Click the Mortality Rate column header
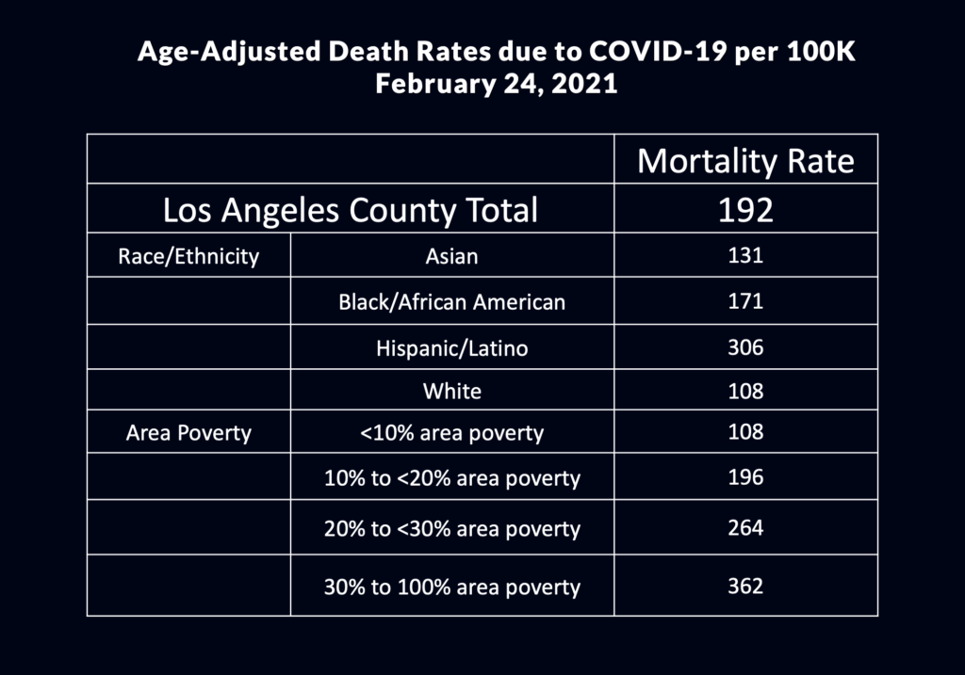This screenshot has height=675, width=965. pyautogui.click(x=745, y=161)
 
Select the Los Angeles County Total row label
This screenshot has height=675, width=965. pyautogui.click(x=350, y=209)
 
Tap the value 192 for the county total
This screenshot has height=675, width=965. pyautogui.click(x=745, y=209)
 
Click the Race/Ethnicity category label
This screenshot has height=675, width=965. pyautogui.click(x=188, y=255)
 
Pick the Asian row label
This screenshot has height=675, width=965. pyautogui.click(x=452, y=255)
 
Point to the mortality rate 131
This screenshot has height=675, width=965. pyautogui.click(x=745, y=255)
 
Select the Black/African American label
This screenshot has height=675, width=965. pyautogui.click(x=452, y=302)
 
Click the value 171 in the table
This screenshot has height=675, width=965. pyautogui.click(x=745, y=302)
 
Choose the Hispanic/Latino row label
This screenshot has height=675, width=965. pyautogui.click(x=452, y=348)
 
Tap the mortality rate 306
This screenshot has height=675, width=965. pyautogui.click(x=745, y=348)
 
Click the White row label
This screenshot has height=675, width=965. pyautogui.click(x=452, y=391)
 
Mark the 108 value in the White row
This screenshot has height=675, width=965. pyautogui.click(x=745, y=391)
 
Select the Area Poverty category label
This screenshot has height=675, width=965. pyautogui.click(x=188, y=433)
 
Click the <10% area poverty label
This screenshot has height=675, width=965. pyautogui.click(x=452, y=433)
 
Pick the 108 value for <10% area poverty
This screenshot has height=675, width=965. pyautogui.click(x=745, y=433)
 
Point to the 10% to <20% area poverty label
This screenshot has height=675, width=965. pyautogui.click(x=452, y=478)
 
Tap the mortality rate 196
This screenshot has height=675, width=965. pyautogui.click(x=745, y=477)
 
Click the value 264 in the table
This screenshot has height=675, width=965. pyautogui.click(x=745, y=528)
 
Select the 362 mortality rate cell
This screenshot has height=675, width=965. pyautogui.click(x=745, y=587)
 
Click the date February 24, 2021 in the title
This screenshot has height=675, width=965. pyautogui.click(x=496, y=84)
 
